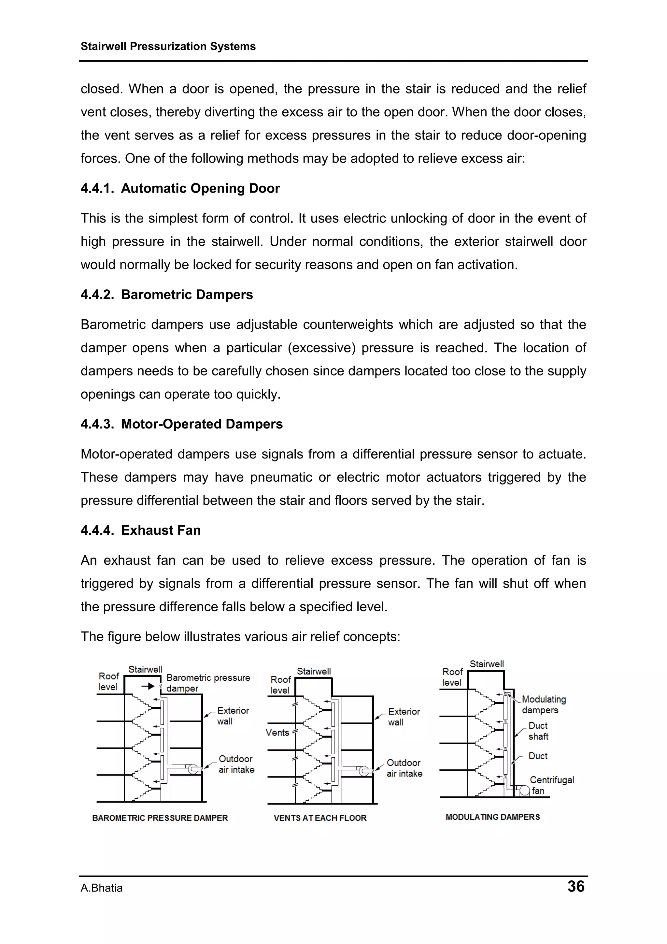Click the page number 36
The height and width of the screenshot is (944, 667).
575,886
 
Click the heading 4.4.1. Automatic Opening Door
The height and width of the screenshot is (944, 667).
180,188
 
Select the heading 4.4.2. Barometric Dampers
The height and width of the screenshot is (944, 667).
166,295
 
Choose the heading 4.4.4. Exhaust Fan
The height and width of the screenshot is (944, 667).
141,530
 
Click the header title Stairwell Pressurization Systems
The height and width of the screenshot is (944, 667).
168,47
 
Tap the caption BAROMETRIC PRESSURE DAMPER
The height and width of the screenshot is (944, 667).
160,818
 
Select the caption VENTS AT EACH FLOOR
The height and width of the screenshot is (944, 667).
320,818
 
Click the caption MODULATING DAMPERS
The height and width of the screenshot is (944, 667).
492,817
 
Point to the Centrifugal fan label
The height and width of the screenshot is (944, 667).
551,785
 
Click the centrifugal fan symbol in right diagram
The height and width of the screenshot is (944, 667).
524,791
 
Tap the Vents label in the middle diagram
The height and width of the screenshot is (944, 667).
277,733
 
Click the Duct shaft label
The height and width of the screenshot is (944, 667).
538,731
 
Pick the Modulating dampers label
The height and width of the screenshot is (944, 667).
543,705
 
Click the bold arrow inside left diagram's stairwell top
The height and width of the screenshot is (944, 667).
148,686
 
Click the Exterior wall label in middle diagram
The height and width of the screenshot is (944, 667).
403,717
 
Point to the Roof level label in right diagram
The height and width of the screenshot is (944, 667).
452,677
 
